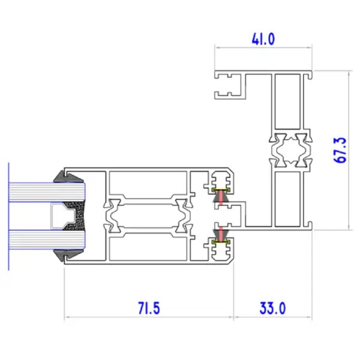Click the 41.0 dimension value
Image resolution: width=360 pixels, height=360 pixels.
click(263, 39)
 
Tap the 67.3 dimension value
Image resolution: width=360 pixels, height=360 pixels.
click(340, 151)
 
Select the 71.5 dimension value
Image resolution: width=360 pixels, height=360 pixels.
click(149, 308)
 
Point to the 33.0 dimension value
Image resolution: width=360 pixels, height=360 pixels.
click(273, 308)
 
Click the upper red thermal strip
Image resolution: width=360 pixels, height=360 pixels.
click(221, 197)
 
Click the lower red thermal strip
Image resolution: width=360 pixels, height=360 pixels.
click(221, 234)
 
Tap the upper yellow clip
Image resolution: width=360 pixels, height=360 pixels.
click(221, 190)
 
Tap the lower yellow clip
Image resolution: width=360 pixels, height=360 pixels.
click(221, 242)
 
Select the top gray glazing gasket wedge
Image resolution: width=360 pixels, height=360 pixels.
click(68, 177)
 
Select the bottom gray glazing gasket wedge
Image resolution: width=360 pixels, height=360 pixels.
click(68, 255)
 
